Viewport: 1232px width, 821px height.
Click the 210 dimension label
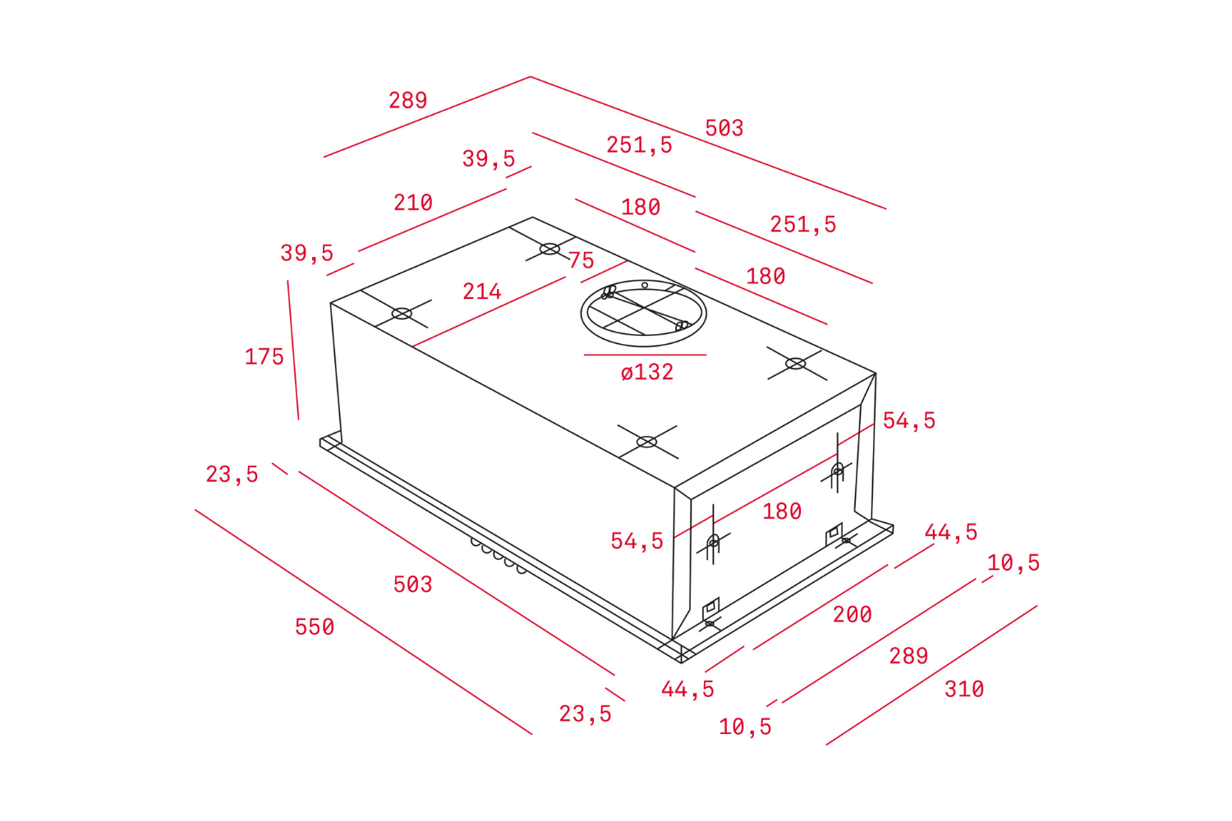coord(413,203)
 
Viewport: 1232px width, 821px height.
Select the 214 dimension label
coord(482,291)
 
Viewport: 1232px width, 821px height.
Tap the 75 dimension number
coord(582,261)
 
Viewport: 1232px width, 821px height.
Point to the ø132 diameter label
coord(647,373)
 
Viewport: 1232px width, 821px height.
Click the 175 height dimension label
coord(264,357)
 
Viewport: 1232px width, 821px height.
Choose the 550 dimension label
coord(315,627)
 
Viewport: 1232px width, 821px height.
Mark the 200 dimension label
coord(853,615)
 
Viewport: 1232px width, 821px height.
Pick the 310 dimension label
coord(964,690)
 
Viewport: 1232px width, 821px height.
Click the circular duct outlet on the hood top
coord(643,313)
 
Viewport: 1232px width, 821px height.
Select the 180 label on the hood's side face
coord(782,512)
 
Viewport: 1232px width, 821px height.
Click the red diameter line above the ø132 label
coord(645,355)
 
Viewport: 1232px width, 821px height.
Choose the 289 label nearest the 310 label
coord(908,656)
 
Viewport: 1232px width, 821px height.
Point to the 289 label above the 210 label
coord(408,100)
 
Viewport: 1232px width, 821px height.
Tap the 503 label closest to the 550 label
coord(412,585)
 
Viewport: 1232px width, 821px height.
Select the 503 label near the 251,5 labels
coord(724,128)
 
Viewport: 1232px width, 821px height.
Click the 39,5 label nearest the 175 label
coord(307,253)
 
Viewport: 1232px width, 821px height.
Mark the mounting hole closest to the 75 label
coord(550,249)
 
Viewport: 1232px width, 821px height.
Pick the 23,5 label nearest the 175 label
coord(232,475)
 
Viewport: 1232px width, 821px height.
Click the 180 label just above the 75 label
coord(641,207)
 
